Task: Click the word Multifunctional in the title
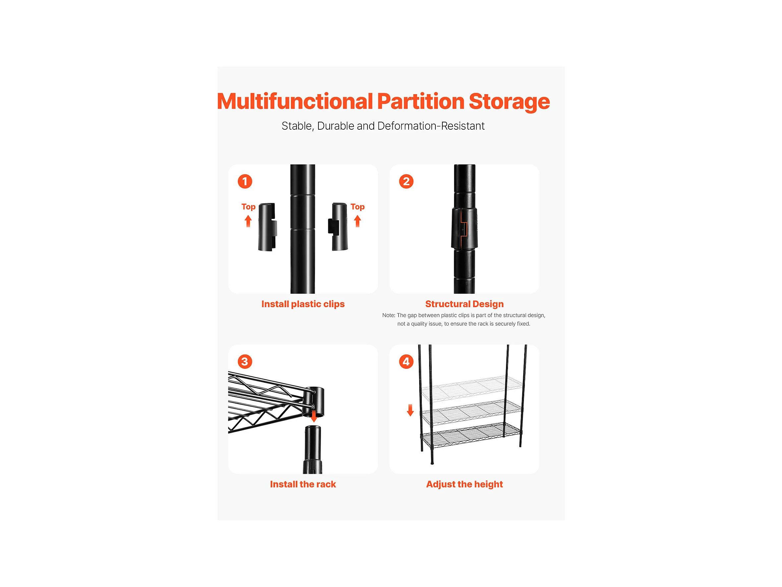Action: (295, 101)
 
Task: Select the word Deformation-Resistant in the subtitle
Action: (431, 126)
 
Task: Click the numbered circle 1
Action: (245, 181)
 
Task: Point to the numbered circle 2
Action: (406, 181)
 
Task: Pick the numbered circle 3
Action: (245, 361)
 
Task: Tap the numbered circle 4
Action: (406, 361)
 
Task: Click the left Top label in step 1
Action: (249, 207)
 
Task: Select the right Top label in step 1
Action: (358, 207)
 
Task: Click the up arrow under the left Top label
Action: (248, 221)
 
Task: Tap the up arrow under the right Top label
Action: (358, 221)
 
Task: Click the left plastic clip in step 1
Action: (268, 227)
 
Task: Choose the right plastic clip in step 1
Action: (338, 227)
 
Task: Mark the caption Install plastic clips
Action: (303, 304)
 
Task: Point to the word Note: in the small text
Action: (389, 315)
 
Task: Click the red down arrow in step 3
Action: (313, 417)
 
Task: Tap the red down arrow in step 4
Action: (411, 411)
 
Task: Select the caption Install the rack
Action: (303, 484)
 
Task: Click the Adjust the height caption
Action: (465, 485)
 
